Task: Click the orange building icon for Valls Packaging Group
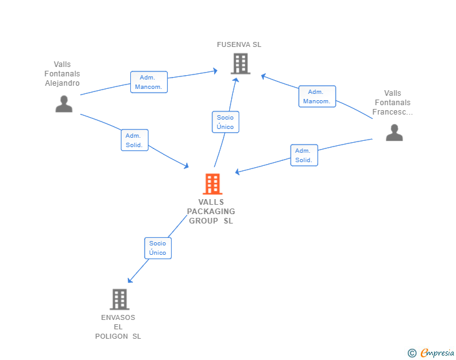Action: (x=212, y=184)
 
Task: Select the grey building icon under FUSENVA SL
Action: (x=241, y=63)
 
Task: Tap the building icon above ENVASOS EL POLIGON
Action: (x=120, y=299)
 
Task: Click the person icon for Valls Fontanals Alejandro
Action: (x=64, y=104)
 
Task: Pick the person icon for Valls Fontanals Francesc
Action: (x=395, y=133)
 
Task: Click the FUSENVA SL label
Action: (x=239, y=44)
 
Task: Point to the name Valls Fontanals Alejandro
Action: (x=62, y=74)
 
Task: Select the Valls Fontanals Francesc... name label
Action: (x=393, y=102)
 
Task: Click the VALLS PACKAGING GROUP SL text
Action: (x=211, y=212)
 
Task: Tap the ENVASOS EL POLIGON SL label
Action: (x=118, y=327)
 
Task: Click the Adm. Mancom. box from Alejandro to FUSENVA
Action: (x=149, y=82)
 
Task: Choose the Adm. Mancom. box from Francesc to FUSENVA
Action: (x=318, y=96)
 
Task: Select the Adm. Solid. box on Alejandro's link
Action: (x=135, y=140)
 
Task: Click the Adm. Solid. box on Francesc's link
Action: (x=304, y=155)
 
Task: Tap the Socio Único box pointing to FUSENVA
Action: (x=225, y=122)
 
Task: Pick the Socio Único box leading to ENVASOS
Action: (x=158, y=248)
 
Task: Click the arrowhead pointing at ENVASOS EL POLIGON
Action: (x=130, y=280)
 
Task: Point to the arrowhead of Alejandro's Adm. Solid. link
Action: (x=187, y=166)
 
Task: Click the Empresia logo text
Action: (x=437, y=353)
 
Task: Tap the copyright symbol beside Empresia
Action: (x=412, y=353)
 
